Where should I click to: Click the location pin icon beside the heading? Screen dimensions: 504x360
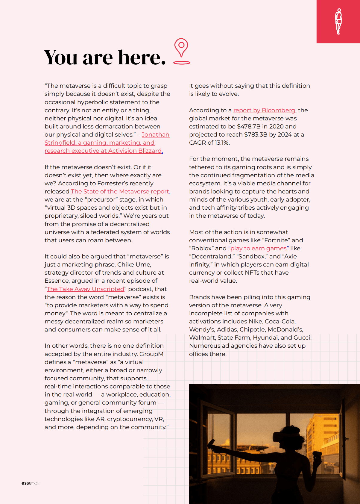181,51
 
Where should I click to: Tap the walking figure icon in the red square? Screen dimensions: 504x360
338,21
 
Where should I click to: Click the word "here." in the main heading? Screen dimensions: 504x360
142,57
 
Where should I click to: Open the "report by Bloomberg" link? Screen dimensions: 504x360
264,110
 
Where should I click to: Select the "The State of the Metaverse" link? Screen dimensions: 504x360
110,191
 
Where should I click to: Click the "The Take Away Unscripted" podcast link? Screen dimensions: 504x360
86,289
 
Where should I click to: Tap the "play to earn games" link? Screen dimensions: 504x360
259,248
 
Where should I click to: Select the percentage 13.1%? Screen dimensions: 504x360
222,143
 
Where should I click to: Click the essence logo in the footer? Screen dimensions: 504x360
30,483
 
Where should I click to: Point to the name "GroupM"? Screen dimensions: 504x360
152,354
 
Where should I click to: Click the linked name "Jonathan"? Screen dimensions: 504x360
156,134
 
